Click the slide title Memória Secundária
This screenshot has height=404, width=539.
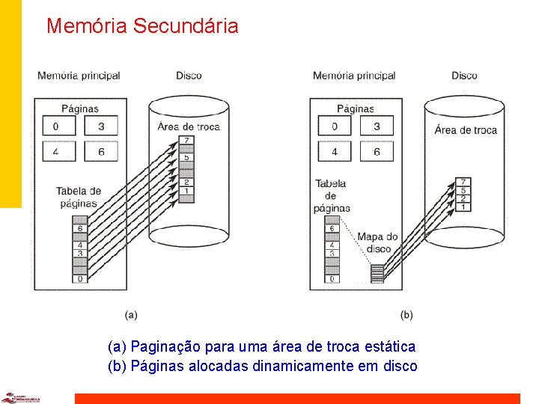(x=142, y=26)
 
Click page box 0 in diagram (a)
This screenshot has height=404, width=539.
(x=59, y=126)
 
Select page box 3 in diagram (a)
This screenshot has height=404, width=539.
(x=101, y=126)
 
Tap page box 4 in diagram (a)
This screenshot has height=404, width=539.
(x=59, y=152)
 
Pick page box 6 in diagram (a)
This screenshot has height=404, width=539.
(x=101, y=152)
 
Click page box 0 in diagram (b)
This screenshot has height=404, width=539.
(x=335, y=126)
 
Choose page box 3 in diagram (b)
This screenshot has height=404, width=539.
(x=377, y=126)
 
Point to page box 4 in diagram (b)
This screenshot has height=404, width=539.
(x=335, y=152)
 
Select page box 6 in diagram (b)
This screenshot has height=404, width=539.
(x=377, y=152)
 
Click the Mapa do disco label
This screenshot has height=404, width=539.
(x=377, y=242)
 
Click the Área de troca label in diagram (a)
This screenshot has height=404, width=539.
(x=189, y=126)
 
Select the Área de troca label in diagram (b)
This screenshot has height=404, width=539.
(x=465, y=129)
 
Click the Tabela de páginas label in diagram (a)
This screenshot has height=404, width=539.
(x=78, y=197)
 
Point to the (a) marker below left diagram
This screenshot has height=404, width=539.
(x=130, y=315)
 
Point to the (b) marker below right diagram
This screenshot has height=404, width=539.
(x=406, y=315)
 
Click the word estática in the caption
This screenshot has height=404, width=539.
(x=387, y=346)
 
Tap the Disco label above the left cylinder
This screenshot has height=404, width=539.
(x=189, y=76)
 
